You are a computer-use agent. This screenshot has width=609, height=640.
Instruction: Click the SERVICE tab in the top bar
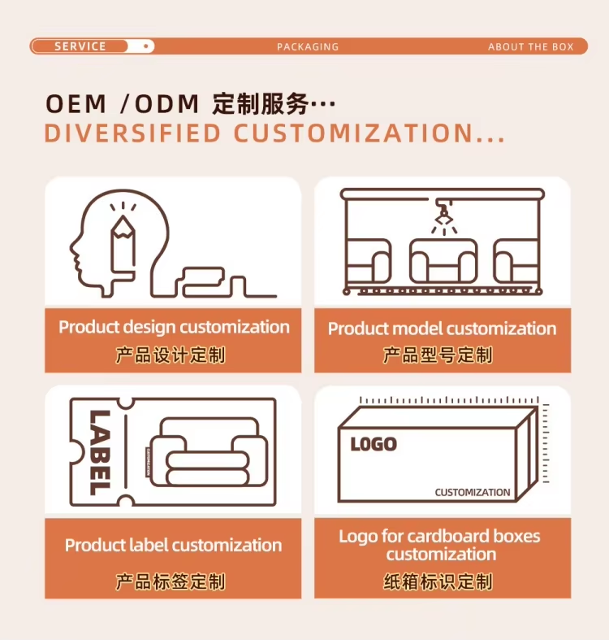click(x=80, y=46)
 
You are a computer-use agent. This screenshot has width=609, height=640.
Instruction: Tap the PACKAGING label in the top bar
click(x=308, y=47)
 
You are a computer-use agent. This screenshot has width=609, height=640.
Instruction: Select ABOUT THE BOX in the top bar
click(x=530, y=47)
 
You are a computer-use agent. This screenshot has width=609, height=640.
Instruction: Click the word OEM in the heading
click(x=76, y=104)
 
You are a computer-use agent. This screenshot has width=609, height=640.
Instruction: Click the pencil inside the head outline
click(x=123, y=241)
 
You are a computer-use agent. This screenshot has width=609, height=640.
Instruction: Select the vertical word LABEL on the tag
click(x=97, y=452)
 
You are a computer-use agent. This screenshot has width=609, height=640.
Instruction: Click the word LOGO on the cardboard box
click(x=374, y=444)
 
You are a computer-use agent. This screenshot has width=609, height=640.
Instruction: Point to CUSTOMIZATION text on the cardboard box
click(x=472, y=493)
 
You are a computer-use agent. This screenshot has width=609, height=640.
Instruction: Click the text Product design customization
click(x=174, y=328)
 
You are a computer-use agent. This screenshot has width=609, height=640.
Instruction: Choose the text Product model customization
click(x=442, y=329)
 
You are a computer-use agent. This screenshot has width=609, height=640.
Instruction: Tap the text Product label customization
click(x=173, y=546)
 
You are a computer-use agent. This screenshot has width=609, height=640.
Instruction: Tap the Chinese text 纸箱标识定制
click(x=438, y=581)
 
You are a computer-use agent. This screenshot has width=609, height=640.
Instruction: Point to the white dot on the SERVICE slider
click(x=145, y=46)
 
